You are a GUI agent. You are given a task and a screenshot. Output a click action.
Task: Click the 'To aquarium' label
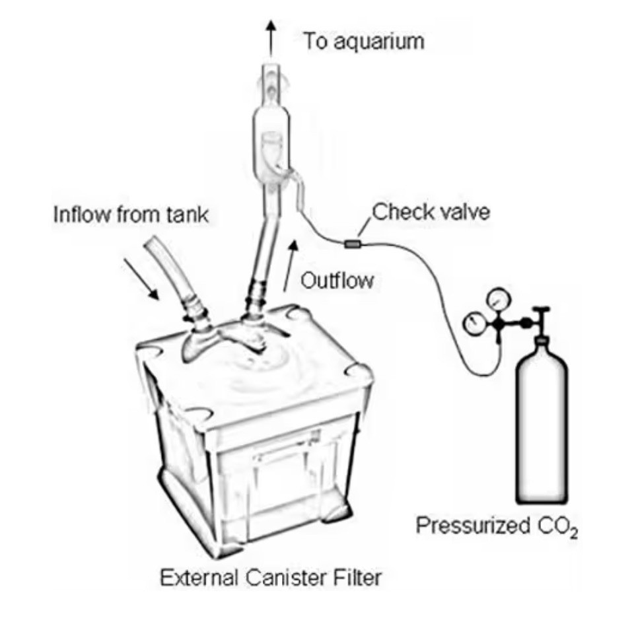[363, 41]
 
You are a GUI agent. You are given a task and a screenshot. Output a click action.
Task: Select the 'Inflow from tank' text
[131, 215]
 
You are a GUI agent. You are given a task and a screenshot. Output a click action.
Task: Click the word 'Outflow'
[337, 281]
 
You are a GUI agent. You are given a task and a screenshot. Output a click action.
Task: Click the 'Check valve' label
[431, 213]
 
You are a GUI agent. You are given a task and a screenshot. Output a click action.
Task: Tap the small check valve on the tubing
[353, 245]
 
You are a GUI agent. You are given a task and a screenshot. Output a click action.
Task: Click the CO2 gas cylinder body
[541, 429]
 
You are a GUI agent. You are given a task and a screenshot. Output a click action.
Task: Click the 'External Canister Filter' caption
[271, 578]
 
